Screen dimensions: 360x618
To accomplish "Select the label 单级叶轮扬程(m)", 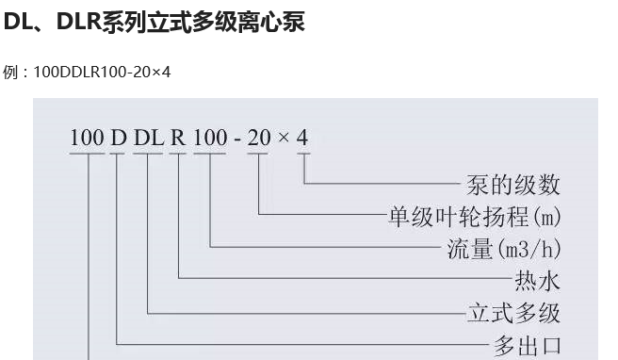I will [x=475, y=218].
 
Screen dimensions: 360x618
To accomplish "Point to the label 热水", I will [x=537, y=281].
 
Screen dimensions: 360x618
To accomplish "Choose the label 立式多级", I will [x=513, y=312].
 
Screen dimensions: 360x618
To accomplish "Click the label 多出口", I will [x=528, y=344].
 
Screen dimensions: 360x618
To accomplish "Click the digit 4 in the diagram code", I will [x=302, y=138].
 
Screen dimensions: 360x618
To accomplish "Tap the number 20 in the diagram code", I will [x=260, y=138].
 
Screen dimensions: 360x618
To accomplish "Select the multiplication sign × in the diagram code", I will [x=284, y=139].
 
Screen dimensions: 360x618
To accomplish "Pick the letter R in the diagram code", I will [x=178, y=138].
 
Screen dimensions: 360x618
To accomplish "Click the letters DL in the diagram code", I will [x=148, y=138].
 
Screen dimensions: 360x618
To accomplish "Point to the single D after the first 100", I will [x=118, y=138].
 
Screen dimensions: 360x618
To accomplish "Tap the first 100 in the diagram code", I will [x=86, y=138].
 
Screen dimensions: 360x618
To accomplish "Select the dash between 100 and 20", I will [x=238, y=139].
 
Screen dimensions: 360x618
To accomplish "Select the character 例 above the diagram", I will [x=10, y=72].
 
